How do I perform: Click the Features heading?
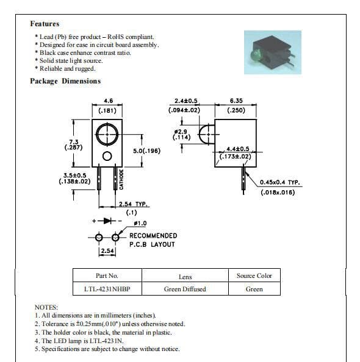[45, 24]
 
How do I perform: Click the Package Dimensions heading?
[65, 81]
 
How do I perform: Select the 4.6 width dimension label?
[108, 101]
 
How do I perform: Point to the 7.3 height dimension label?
[74, 142]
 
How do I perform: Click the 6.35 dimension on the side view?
[236, 101]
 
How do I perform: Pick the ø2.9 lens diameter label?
[181, 132]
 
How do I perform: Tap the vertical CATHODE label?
[121, 179]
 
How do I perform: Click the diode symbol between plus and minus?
[107, 221]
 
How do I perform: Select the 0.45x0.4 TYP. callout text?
[280, 182]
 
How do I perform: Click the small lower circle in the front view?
[107, 156]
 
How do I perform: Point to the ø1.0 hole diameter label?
[140, 223]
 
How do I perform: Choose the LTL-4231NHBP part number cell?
[107, 289]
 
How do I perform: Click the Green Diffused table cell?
[185, 289]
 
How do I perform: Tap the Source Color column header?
[254, 275]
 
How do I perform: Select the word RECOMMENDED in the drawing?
[153, 236]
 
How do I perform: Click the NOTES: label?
[46, 307]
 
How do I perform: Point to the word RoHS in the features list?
[115, 37]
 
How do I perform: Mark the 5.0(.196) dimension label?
[146, 151]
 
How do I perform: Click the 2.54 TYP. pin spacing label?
[133, 204]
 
